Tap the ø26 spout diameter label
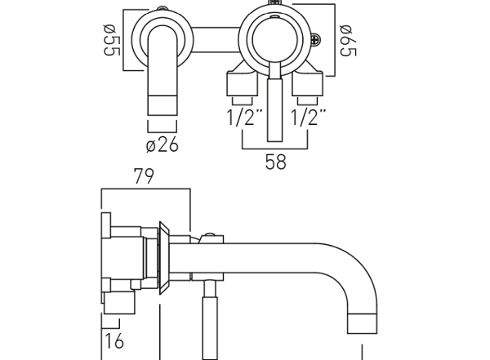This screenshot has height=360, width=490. (162, 145)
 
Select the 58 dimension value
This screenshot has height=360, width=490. (276, 162)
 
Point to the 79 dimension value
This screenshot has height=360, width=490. (144, 176)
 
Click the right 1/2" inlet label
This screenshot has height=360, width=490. (308, 118)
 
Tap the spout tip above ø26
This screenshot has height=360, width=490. (162, 106)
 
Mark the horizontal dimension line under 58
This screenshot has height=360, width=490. (276, 149)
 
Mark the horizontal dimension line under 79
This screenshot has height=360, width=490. (144, 189)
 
